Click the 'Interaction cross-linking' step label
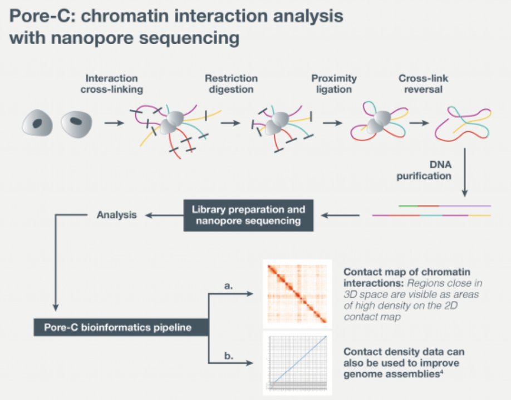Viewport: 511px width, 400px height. point(111,84)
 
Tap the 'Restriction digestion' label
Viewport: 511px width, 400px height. point(231,84)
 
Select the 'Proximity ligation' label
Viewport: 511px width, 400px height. point(334,84)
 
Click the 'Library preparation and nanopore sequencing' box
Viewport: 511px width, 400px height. point(248,216)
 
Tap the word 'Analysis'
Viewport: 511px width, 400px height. point(117,214)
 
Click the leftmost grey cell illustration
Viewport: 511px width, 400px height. point(37,122)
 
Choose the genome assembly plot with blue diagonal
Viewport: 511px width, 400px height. point(297,363)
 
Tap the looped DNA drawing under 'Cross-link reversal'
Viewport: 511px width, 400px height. point(461,123)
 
